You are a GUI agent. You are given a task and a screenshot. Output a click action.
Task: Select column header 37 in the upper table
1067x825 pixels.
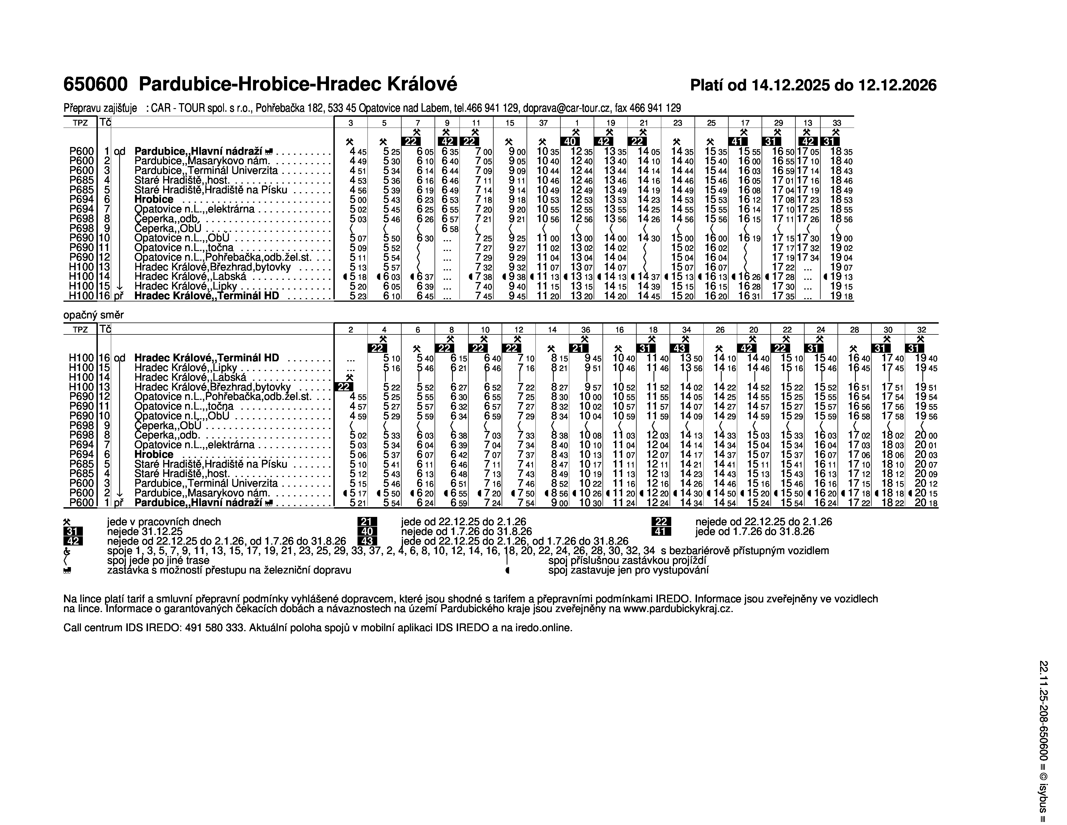pos(543,123)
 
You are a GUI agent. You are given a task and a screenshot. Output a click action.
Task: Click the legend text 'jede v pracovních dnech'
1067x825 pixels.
pos(164,522)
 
